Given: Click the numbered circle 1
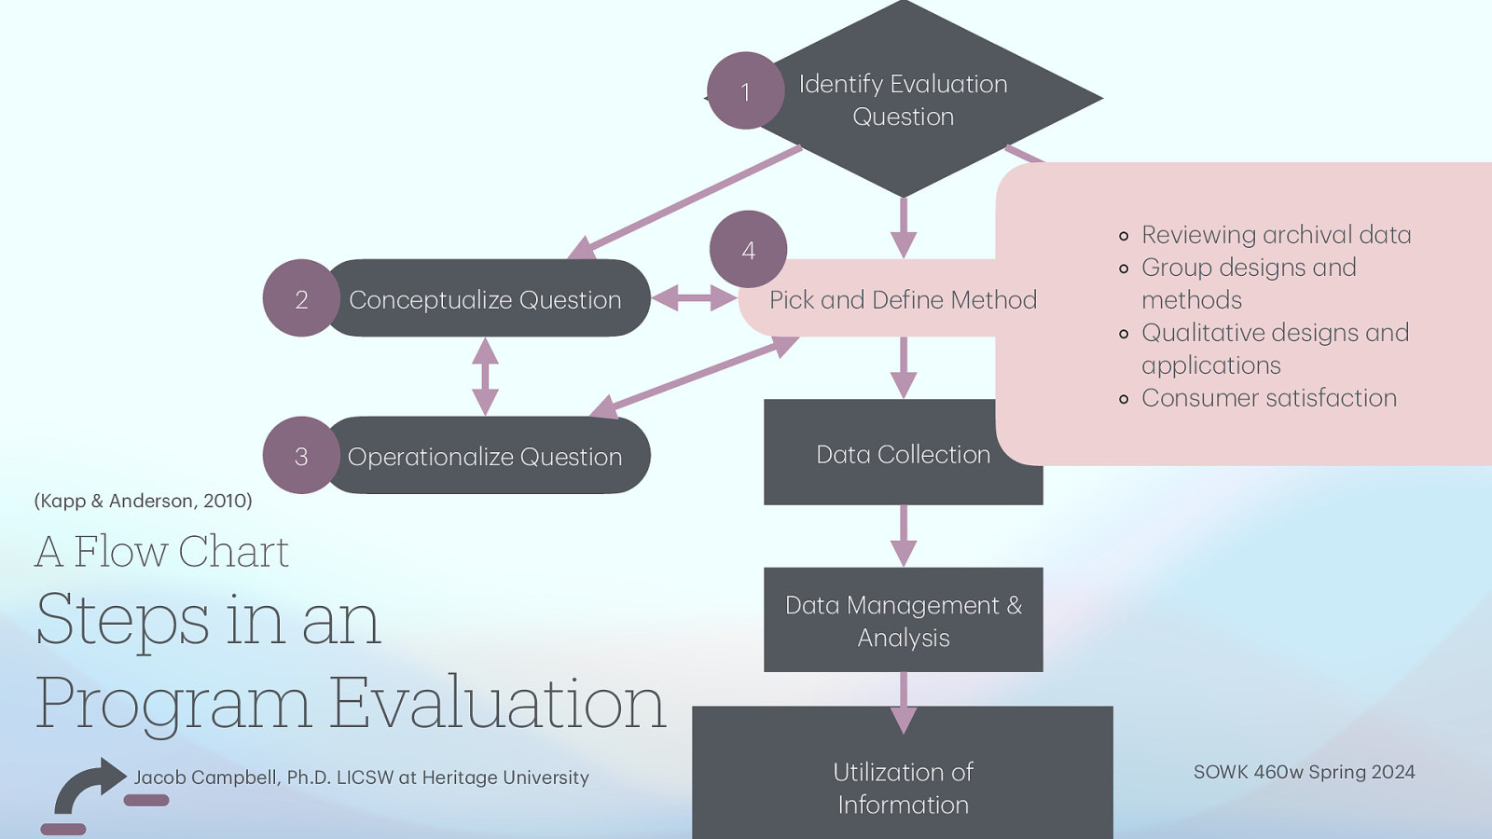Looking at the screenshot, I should (745, 90).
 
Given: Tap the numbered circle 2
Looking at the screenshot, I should (300, 298).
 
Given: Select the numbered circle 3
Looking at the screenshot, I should (300, 456).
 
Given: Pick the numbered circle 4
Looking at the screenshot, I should (748, 249).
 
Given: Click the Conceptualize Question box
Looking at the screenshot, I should (485, 299).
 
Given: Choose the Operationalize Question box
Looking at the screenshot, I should (485, 456).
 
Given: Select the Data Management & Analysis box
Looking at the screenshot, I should (903, 620).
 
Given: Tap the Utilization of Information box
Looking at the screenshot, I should (903, 787).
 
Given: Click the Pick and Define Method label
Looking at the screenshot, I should (903, 299).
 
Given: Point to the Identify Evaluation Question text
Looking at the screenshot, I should (903, 100).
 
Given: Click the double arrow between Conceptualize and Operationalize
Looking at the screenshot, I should (485, 376).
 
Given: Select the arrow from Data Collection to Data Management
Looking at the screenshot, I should (903, 536).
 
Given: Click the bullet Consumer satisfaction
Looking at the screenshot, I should (1268, 398).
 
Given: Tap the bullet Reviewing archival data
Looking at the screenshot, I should (1276, 234).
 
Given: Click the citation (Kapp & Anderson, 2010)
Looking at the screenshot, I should (143, 501).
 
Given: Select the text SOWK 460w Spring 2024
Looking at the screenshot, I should (1304, 772).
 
